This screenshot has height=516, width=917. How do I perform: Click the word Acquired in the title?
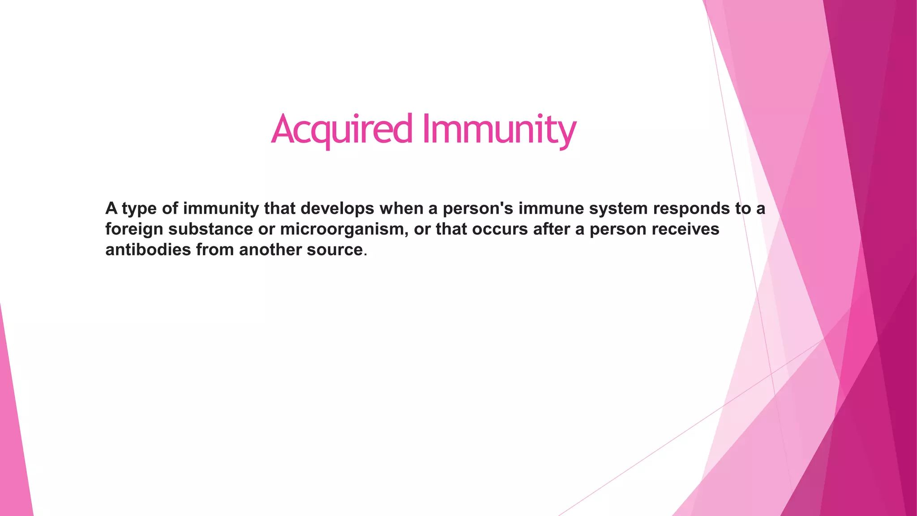pyautogui.click(x=341, y=129)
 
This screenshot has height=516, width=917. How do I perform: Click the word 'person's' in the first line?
pyautogui.click(x=478, y=208)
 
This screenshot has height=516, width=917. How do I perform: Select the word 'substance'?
pyautogui.click(x=211, y=229)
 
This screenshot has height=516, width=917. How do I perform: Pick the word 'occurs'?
pyautogui.click(x=500, y=229)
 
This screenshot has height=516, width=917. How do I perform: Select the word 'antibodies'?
pyautogui.click(x=148, y=249)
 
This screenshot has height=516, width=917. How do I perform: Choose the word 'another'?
pyautogui.click(x=270, y=249)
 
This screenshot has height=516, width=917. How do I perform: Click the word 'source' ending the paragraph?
pyautogui.click(x=334, y=250)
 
